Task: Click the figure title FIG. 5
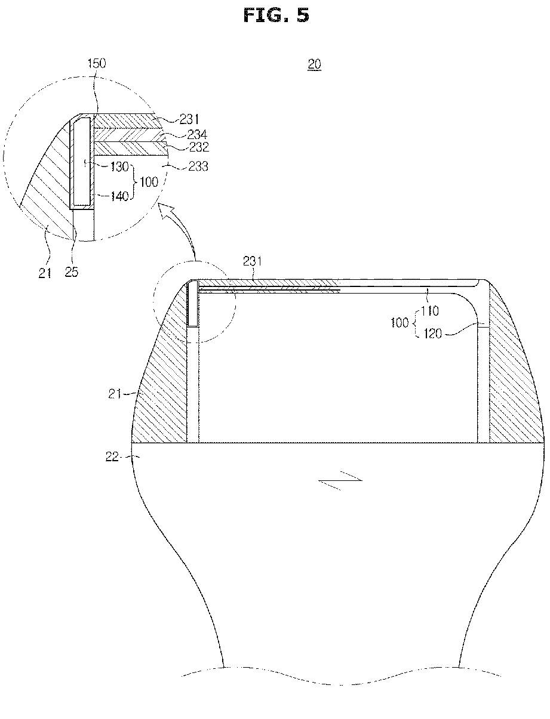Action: [x=275, y=15]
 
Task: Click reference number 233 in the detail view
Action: [x=198, y=166]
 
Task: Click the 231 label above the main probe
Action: [x=253, y=260]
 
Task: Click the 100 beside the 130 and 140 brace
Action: [x=149, y=181]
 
